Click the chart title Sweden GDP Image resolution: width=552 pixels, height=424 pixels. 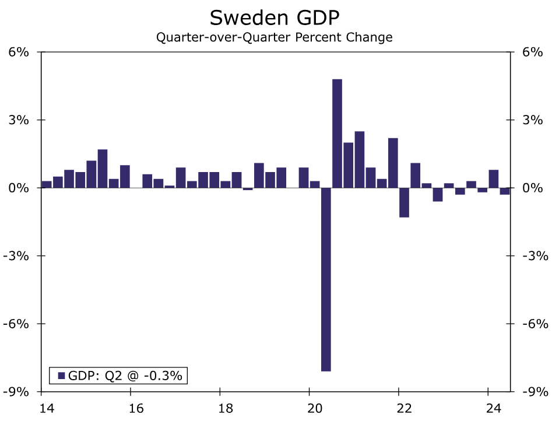pos(275,17)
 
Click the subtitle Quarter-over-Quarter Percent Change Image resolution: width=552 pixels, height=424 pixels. pos(274,38)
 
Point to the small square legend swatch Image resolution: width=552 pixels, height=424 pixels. pos(61,376)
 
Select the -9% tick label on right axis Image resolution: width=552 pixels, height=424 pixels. pos(534,391)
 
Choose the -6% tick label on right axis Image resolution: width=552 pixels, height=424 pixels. pos(534,324)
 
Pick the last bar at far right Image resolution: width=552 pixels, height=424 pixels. pos(505,191)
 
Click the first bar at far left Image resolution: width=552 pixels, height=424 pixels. pos(47,184)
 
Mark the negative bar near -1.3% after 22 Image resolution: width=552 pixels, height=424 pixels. pos(404,202)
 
